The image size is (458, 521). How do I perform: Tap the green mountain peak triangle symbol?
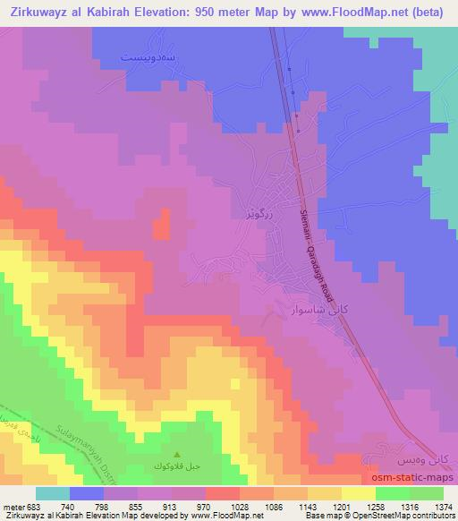[x=175, y=454]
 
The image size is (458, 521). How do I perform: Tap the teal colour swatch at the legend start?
[x=54, y=493]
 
